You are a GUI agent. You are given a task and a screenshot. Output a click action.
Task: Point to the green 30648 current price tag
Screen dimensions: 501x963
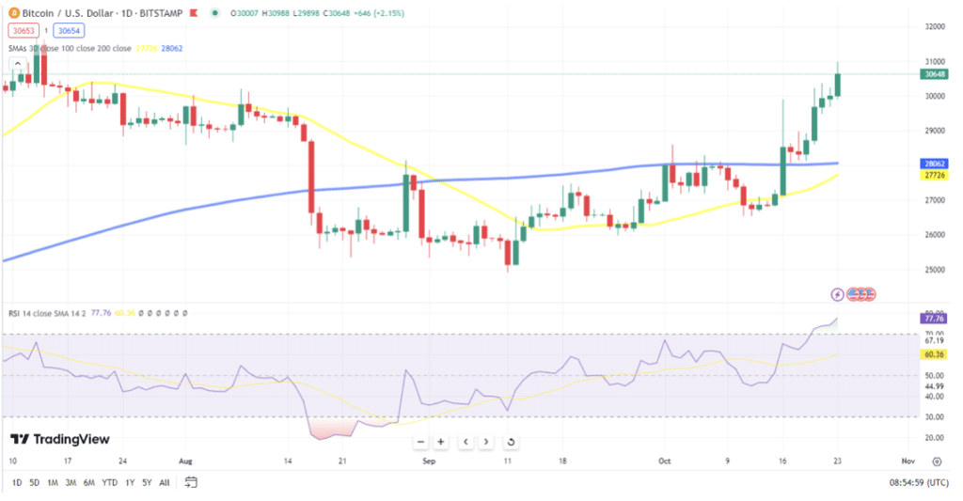click(x=934, y=74)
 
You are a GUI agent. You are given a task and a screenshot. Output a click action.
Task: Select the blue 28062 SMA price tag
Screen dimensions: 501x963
click(x=934, y=163)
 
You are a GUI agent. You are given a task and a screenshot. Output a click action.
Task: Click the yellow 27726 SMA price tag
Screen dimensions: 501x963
click(x=934, y=175)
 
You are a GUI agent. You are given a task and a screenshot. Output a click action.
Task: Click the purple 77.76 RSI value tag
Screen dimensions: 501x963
click(x=934, y=319)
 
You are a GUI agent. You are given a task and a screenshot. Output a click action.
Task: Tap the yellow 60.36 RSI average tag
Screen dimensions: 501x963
click(x=934, y=355)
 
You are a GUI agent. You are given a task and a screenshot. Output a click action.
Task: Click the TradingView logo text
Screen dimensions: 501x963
click(x=60, y=439)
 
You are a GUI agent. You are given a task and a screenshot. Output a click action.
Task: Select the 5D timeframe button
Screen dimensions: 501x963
click(x=35, y=483)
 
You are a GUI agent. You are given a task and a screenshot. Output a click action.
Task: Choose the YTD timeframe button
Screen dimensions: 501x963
click(x=110, y=483)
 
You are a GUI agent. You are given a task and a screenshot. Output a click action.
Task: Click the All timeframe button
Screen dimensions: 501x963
click(x=165, y=483)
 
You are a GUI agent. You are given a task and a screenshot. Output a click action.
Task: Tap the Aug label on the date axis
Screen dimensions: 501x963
click(x=184, y=462)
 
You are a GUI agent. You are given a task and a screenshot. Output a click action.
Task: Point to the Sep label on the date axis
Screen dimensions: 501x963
click(x=429, y=462)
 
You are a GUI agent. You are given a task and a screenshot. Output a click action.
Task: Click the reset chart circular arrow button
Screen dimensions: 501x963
click(x=511, y=442)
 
